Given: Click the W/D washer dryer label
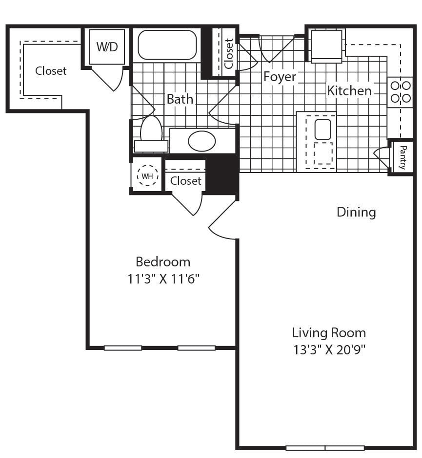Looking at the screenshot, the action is point(107,47).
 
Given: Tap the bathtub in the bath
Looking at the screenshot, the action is point(167,44).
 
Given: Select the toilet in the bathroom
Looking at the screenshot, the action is point(151,134).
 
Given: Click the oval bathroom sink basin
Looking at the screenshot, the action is point(201,141).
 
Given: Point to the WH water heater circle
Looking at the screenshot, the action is point(147,176).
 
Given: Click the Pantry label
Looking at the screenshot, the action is point(402,157).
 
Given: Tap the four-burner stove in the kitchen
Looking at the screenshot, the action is point(401,92).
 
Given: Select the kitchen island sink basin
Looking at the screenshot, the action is point(322,130).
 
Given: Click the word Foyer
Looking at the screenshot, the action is point(280,77).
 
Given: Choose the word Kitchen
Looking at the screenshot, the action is point(349,91).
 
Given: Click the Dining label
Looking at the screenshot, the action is point(356,212).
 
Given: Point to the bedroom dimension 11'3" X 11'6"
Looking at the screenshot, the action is point(163,279).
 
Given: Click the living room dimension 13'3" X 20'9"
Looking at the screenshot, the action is point(329,349).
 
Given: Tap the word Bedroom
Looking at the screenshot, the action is point(163,262).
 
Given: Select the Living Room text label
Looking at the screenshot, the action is point(329,333).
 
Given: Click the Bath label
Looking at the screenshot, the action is point(180,99).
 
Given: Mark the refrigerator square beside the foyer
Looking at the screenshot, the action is point(326,46).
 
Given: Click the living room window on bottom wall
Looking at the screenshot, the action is point(325,448).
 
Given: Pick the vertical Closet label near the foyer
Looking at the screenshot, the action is point(229,53).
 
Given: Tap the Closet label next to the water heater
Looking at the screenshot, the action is point(186,181).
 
